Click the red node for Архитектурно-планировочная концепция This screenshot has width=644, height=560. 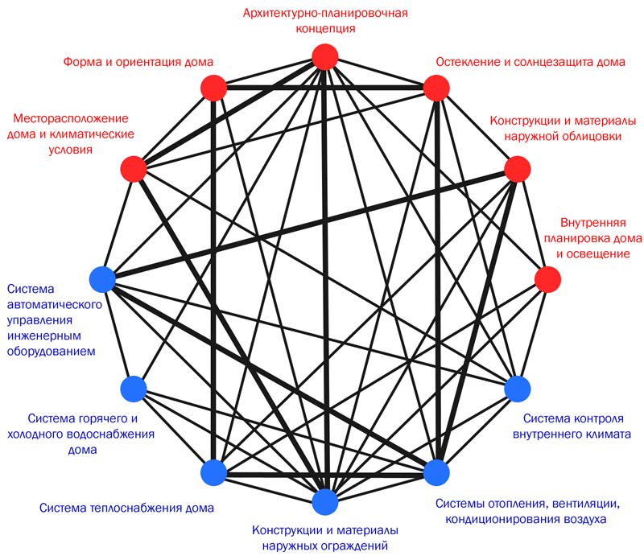(324, 57)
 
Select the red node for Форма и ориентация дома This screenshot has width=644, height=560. (213, 87)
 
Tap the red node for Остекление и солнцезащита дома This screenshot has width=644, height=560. (435, 87)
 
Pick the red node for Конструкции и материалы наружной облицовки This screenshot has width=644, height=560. (516, 169)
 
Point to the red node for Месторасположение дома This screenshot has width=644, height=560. (133, 169)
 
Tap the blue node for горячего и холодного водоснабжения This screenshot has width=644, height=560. (133, 389)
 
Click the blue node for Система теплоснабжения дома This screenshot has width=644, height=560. (213, 471)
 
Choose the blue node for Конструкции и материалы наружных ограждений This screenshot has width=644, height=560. (324, 500)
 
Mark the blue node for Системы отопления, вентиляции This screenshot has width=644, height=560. (435, 471)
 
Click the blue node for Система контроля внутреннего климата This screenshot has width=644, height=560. (516, 389)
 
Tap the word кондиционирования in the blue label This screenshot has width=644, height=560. (496, 521)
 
